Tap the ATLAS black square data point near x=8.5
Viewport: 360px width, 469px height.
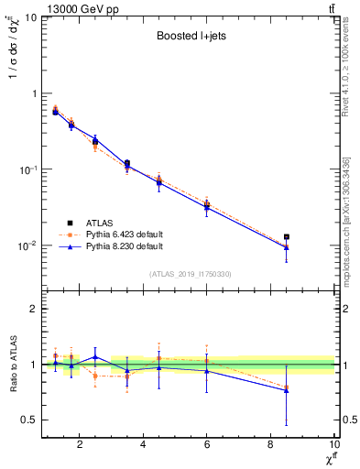pos(287,237)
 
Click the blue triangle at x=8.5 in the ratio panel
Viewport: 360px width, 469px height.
pos(287,390)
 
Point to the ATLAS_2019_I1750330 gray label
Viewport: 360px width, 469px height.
pos(190,274)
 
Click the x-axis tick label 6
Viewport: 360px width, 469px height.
pos(207,446)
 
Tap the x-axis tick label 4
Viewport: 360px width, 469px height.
pos(144,446)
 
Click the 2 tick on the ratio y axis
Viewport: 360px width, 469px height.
pos(33,309)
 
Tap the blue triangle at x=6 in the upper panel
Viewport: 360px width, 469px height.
pos(207,208)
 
